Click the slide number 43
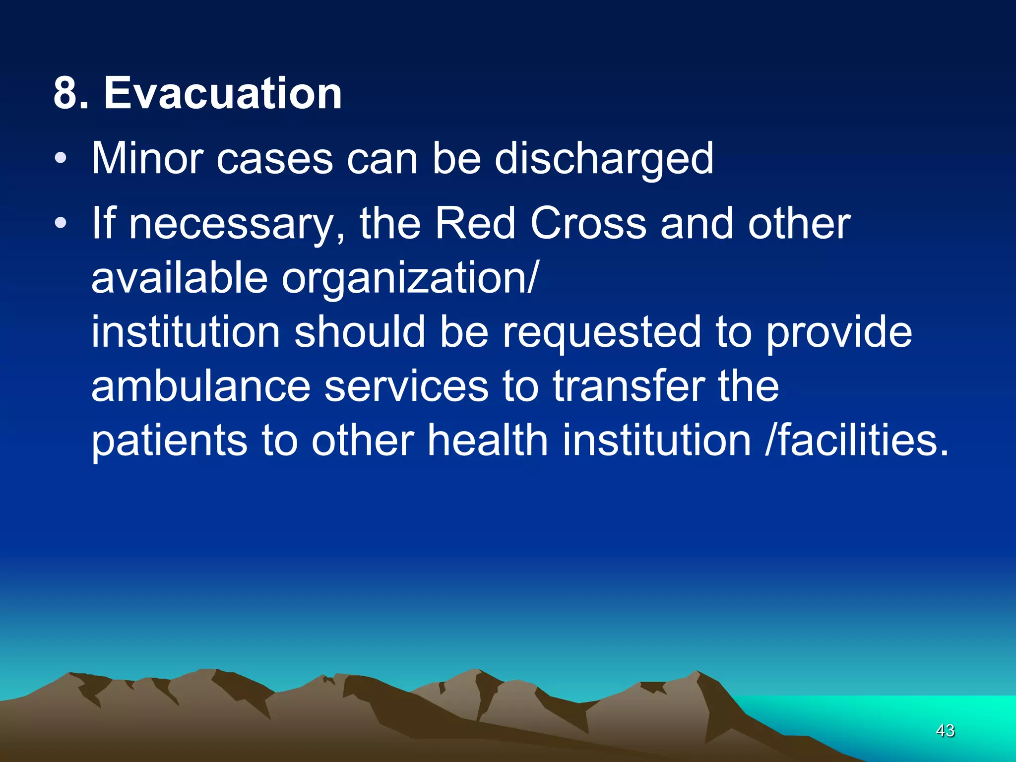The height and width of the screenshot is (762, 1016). [x=945, y=730]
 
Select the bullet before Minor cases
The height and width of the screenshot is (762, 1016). [x=61, y=159]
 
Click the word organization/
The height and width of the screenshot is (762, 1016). [x=409, y=279]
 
